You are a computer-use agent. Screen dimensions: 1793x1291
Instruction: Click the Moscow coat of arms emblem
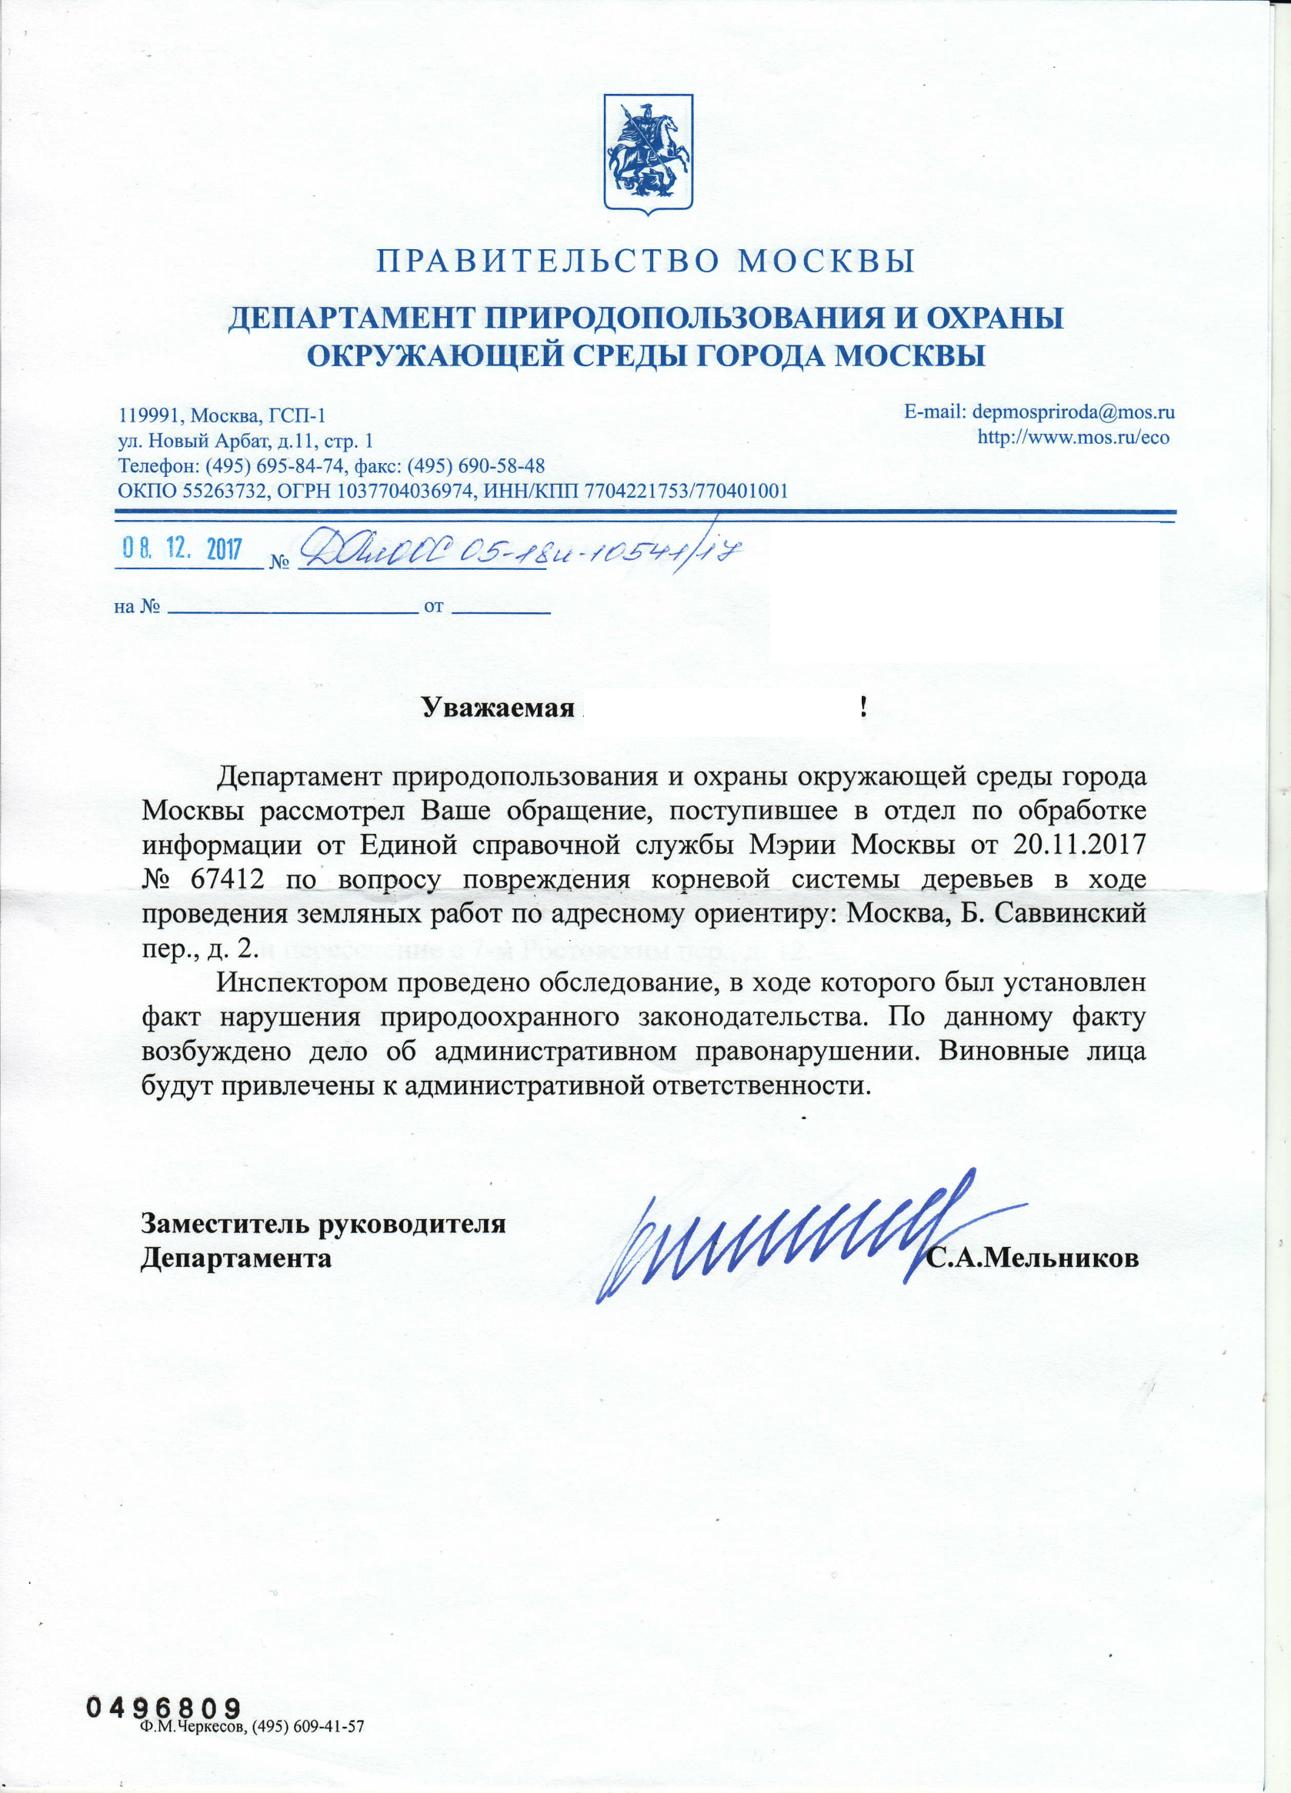pyautogui.click(x=648, y=154)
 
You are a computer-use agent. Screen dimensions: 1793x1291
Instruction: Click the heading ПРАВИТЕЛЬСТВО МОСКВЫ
pyautogui.click(x=645, y=261)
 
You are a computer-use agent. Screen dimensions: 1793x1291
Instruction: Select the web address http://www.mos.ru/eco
pyautogui.click(x=1072, y=437)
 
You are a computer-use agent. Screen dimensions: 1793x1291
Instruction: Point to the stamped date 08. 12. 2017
pyautogui.click(x=181, y=548)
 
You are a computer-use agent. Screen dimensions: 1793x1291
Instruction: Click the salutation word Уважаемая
pyautogui.click(x=497, y=707)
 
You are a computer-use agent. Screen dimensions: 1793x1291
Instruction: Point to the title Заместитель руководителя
pyautogui.click(x=323, y=1224)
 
